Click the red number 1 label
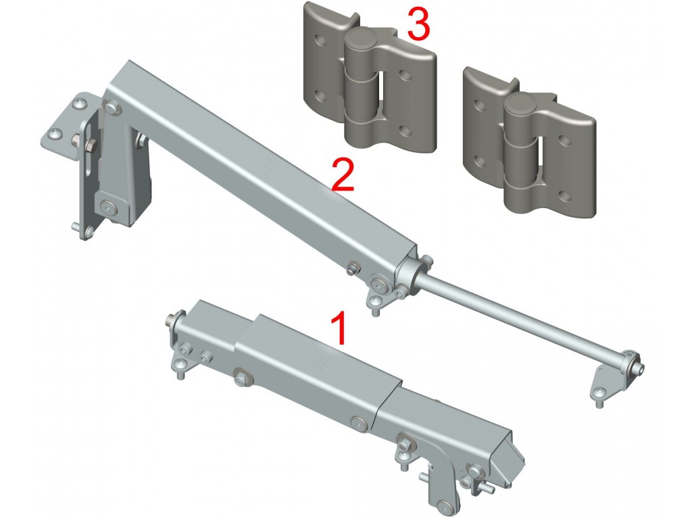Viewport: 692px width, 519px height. tap(339, 328)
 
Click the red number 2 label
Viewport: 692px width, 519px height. tap(343, 175)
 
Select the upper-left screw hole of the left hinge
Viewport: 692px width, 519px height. tap(321, 43)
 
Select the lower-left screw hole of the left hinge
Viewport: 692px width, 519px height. tap(321, 95)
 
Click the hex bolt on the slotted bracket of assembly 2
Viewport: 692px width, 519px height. tap(90, 145)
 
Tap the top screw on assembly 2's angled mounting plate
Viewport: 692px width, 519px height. tap(80, 103)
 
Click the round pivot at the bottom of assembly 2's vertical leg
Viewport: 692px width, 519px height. tap(109, 207)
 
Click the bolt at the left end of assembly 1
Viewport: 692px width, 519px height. tap(171, 318)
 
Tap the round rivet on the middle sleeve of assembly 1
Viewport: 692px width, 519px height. tap(360, 424)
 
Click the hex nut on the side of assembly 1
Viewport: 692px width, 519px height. tap(241, 378)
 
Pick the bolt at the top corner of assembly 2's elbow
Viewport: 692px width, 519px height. tap(112, 107)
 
